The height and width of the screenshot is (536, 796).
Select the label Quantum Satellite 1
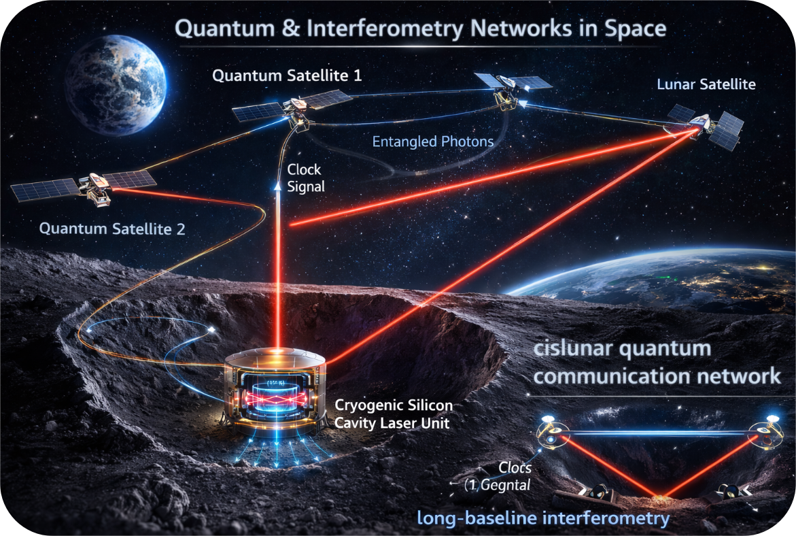pos(287,75)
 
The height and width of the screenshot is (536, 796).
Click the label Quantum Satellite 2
pos(112,229)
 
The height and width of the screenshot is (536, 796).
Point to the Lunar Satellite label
pos(706,85)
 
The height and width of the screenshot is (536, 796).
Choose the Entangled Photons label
pos(433,143)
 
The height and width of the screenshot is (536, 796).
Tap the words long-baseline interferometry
pos(552,519)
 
